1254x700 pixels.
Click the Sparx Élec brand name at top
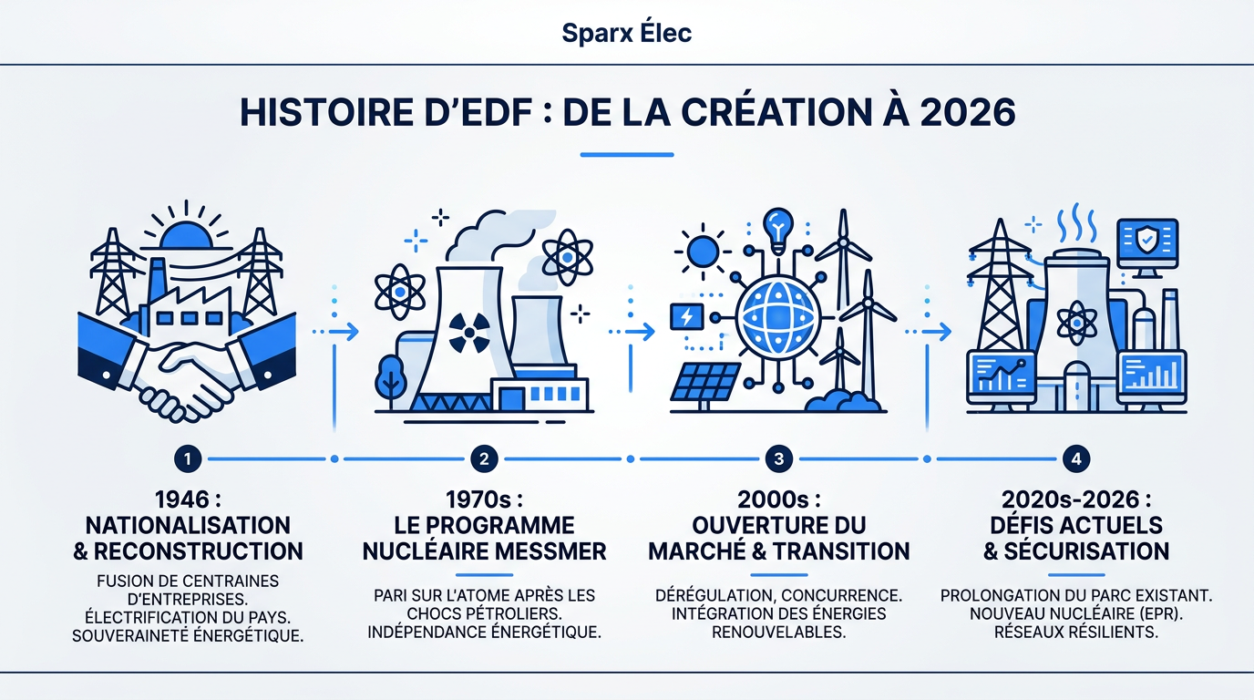(626, 33)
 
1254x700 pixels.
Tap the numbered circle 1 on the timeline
(187, 459)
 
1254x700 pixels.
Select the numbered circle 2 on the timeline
(484, 459)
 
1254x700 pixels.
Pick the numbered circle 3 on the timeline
(778, 459)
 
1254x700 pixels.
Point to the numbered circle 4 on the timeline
(1076, 459)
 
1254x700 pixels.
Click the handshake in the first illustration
(187, 378)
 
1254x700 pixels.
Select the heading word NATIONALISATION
(187, 526)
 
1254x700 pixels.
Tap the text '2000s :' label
(778, 500)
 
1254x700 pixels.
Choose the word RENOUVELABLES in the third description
(778, 632)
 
